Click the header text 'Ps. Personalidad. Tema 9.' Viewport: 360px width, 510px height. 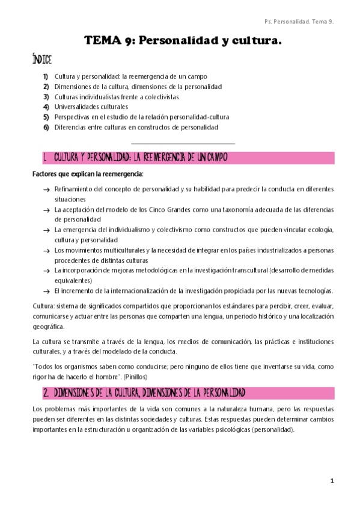[x=299, y=22]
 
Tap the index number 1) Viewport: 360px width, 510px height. [x=46, y=77]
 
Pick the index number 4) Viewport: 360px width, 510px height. [x=46, y=106]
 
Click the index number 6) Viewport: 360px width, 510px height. [x=46, y=127]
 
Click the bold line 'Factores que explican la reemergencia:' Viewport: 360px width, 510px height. [x=88, y=174]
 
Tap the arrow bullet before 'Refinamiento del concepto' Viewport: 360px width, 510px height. [x=46, y=190]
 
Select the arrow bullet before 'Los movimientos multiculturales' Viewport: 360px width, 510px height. [x=46, y=250]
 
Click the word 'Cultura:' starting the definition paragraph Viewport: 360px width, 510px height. [x=43, y=306]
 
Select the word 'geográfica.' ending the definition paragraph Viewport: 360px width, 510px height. [x=47, y=327]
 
